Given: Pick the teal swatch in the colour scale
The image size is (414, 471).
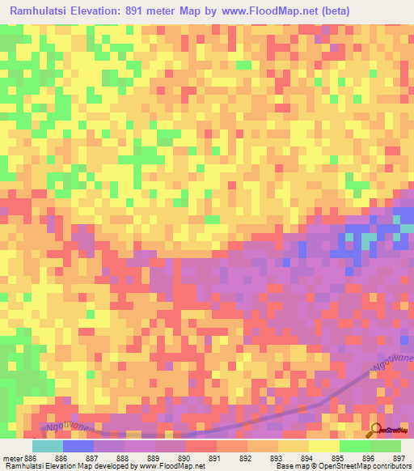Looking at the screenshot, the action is [47, 446].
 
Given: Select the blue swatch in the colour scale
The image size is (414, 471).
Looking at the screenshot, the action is [78, 446].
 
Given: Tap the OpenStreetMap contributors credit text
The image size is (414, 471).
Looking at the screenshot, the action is [367, 466].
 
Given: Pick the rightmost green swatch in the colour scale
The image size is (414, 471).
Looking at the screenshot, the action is [386, 446].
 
